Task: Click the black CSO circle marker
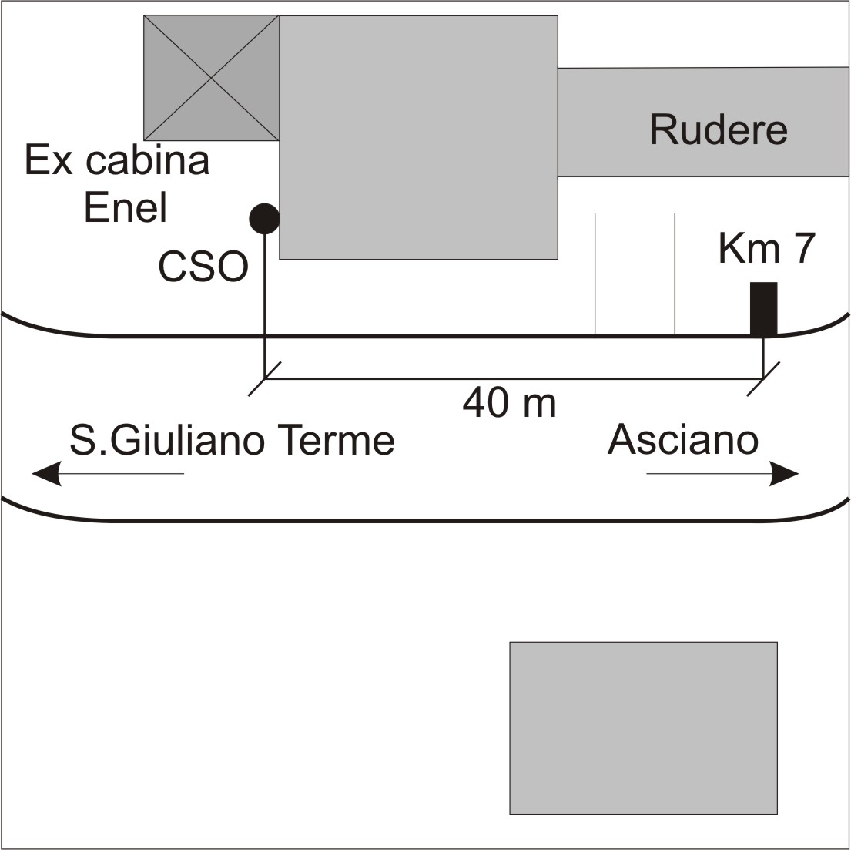264,219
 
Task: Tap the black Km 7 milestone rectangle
764,308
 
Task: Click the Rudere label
719,129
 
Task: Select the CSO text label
203,267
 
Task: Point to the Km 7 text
766,248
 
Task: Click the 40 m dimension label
509,403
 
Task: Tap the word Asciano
683,439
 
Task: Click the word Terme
336,440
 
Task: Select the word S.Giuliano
167,440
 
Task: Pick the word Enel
126,207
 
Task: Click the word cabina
148,160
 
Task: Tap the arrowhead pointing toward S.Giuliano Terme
46,474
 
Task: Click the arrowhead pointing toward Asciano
785,474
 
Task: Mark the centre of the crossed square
211,78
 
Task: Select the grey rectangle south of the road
643,727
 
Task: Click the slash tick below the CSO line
264,378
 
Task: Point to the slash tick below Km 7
764,378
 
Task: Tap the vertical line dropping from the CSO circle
264,307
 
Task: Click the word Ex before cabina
49,160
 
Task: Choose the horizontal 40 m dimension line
514,378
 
